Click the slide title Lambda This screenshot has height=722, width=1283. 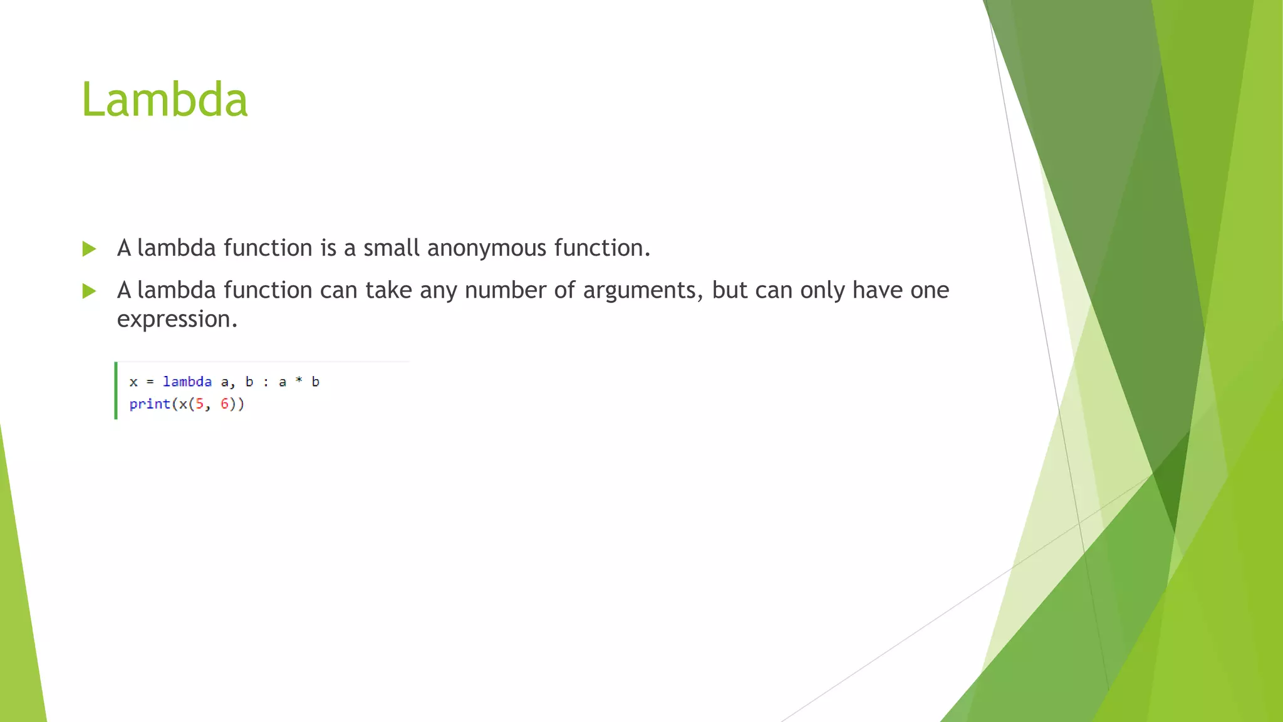[165, 100]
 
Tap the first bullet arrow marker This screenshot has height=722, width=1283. [89, 249]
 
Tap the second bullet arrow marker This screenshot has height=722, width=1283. [89, 291]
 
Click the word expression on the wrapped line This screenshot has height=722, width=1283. [177, 320]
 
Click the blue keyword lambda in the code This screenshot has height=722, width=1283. [187, 382]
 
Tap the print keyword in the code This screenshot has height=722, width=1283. [150, 404]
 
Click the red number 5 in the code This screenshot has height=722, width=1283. [200, 404]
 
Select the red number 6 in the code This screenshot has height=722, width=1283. [224, 404]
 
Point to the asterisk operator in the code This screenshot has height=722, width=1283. [299, 380]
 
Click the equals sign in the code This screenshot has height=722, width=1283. [150, 382]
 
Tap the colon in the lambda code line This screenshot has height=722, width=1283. [266, 382]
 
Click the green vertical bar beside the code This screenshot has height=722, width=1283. [116, 390]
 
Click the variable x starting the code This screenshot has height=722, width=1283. [133, 382]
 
